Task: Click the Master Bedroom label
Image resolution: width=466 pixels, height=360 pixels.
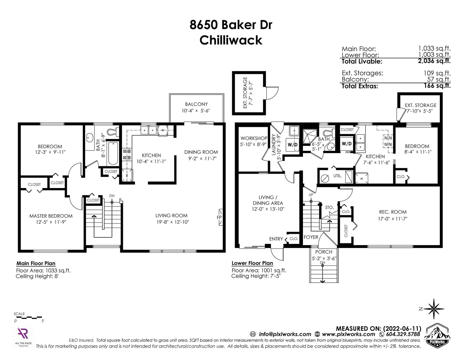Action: pos(51,216)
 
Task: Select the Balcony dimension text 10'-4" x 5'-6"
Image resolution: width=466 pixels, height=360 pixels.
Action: pos(196,111)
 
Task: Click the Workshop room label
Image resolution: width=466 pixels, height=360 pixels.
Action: pos(254,139)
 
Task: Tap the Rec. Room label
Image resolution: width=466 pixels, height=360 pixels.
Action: pos(393,212)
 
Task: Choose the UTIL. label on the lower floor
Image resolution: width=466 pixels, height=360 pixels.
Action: pos(337,176)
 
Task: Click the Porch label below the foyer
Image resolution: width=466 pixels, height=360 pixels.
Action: pos(324,252)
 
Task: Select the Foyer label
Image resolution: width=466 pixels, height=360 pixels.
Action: pos(311,237)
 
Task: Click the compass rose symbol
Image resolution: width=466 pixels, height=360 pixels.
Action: pos(433,309)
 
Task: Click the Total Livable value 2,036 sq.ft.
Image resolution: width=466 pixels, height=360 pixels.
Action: pos(434,61)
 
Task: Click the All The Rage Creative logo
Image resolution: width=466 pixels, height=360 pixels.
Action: pos(23,336)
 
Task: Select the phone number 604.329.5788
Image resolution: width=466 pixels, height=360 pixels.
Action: pos(403,334)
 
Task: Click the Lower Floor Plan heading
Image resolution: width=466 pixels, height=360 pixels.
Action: pos(252,263)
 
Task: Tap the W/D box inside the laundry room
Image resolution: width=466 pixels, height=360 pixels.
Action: pos(292,145)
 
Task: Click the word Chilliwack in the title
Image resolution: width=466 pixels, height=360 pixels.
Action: pos(231,40)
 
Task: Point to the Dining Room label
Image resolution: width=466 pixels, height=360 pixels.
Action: pos(201,152)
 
